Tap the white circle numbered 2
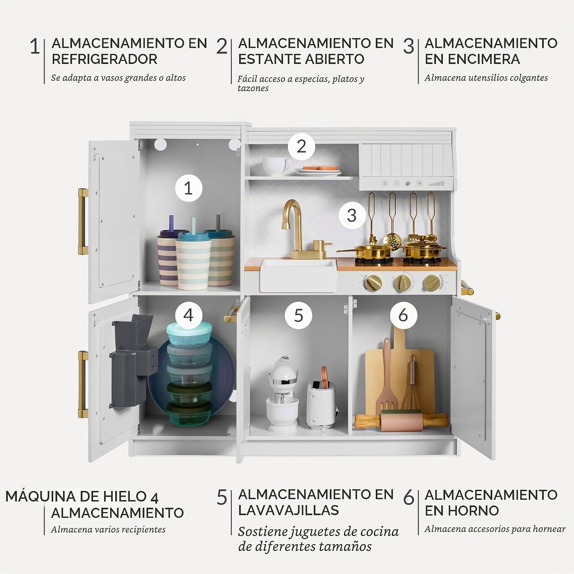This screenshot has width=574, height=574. [301, 146]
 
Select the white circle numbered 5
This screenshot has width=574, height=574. [298, 315]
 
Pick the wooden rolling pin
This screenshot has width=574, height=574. [401, 421]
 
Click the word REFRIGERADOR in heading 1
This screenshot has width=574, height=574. [104, 59]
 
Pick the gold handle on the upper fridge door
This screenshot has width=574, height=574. [83, 222]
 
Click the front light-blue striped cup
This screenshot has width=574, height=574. [193, 261]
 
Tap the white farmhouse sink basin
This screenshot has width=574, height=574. [298, 275]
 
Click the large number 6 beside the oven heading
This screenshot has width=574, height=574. [409, 497]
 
